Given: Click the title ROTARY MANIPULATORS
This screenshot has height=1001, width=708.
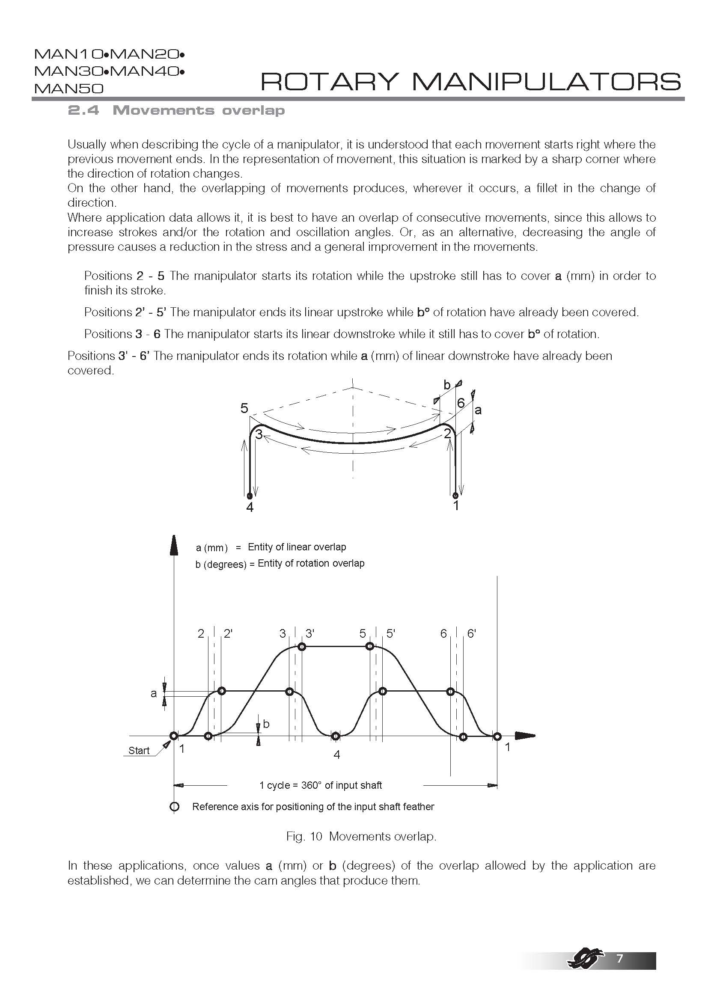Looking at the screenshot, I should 470,82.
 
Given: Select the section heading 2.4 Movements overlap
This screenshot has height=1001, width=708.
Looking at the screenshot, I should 176,110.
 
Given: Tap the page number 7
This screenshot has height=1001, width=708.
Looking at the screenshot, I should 619,958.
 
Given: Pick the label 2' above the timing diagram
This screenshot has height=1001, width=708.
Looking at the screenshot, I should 228,633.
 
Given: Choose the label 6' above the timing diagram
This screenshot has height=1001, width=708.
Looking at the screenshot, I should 471,633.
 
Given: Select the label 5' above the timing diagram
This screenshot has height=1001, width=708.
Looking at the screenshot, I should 391,633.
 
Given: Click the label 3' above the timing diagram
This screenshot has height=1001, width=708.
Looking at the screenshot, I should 310,633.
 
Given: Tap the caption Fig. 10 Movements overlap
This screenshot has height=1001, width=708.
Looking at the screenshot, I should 361,836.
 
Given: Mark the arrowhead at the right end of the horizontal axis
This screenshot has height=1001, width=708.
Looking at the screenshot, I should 525,736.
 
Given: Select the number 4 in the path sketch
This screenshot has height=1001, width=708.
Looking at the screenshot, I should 250,508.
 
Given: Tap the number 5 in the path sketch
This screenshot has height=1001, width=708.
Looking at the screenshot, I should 244,409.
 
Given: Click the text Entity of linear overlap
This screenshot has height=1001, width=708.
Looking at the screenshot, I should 297,547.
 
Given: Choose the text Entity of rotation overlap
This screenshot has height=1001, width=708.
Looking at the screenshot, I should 311,563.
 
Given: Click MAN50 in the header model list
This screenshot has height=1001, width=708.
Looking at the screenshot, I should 69,89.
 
